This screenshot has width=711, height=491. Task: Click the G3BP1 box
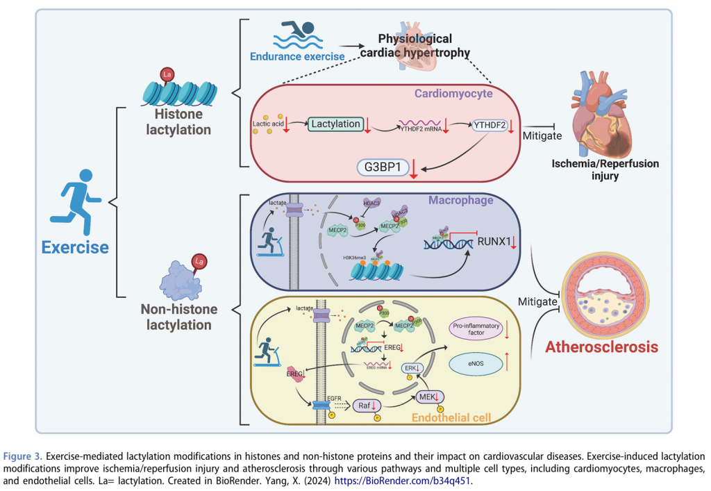380,167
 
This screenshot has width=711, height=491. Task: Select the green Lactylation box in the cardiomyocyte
336,124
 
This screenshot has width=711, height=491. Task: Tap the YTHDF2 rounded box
490,126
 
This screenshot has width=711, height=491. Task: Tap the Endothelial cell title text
451,417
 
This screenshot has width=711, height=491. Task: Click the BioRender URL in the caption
403,480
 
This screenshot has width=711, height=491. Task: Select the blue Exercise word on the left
75,247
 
